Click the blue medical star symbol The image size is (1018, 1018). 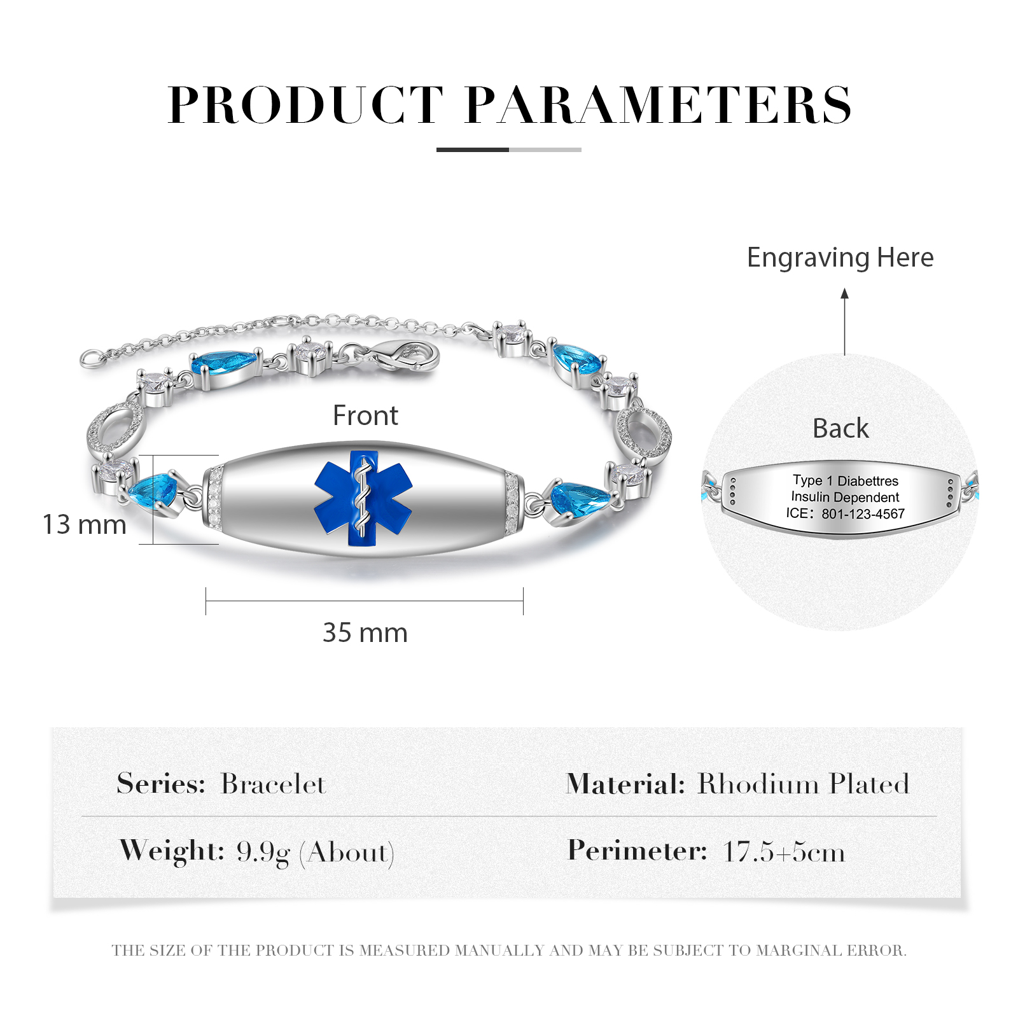point(363,499)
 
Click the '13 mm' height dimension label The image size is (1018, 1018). point(84,525)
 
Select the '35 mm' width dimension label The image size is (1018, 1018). point(365,633)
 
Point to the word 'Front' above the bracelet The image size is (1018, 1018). point(365,415)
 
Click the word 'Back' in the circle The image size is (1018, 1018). point(840,428)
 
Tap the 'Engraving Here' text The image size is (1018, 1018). point(840,258)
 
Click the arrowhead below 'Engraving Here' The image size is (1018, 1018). point(845,294)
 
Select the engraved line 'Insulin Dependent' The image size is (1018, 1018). point(845,497)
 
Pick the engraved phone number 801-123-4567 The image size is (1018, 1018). point(863,514)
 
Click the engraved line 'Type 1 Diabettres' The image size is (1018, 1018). point(846,480)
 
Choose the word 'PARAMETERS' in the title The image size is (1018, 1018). point(659,105)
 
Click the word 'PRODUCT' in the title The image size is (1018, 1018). point(305,105)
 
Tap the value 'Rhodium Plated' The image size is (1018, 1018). point(804,784)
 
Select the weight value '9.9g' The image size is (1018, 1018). point(263,852)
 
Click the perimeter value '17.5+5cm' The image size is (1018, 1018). point(784,852)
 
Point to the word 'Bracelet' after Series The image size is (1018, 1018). point(273,784)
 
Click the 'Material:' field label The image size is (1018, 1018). point(625,784)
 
